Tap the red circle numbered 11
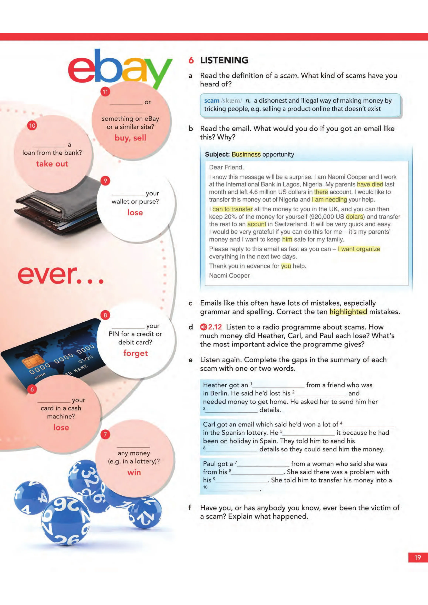(x=105, y=92)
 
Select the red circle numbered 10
(x=32, y=125)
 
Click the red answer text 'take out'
(x=52, y=164)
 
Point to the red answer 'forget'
(x=136, y=353)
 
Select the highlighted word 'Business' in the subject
(x=246, y=154)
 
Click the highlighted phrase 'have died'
(x=370, y=184)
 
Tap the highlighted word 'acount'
(x=257, y=224)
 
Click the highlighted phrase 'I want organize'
(x=359, y=249)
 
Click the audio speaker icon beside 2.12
(x=204, y=327)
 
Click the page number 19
(x=418, y=557)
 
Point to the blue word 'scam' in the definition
(x=212, y=101)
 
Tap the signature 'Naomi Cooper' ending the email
(x=229, y=276)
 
